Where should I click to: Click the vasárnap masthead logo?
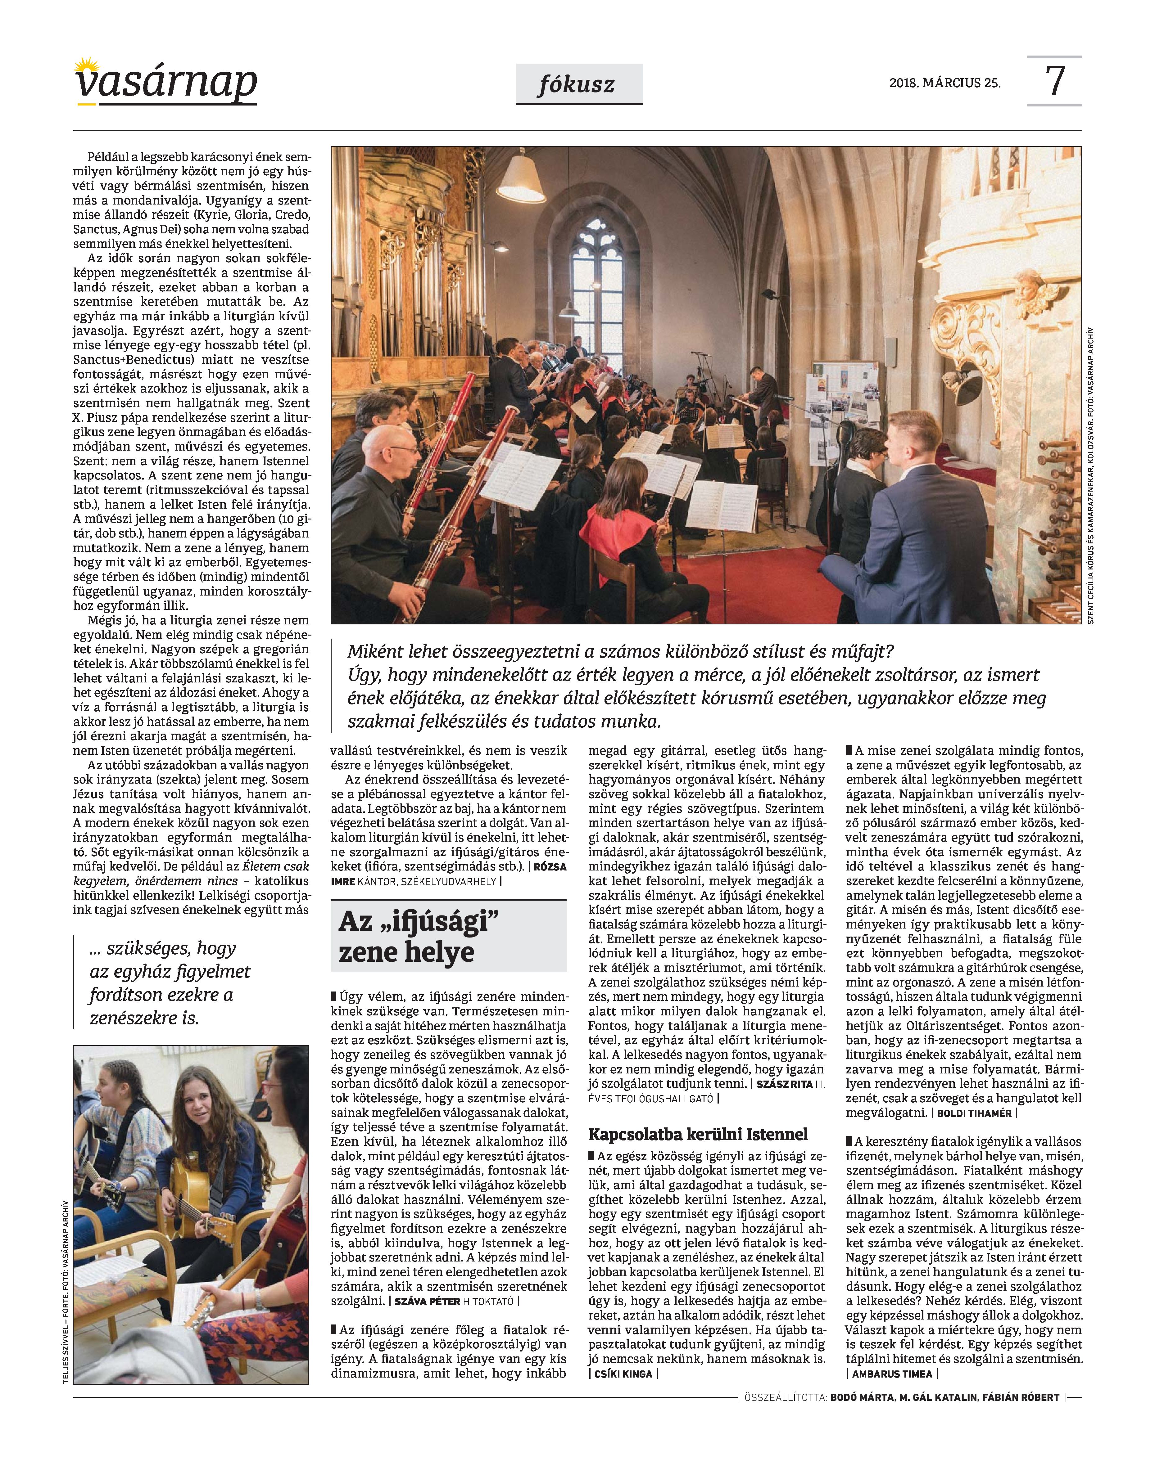(166, 83)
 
